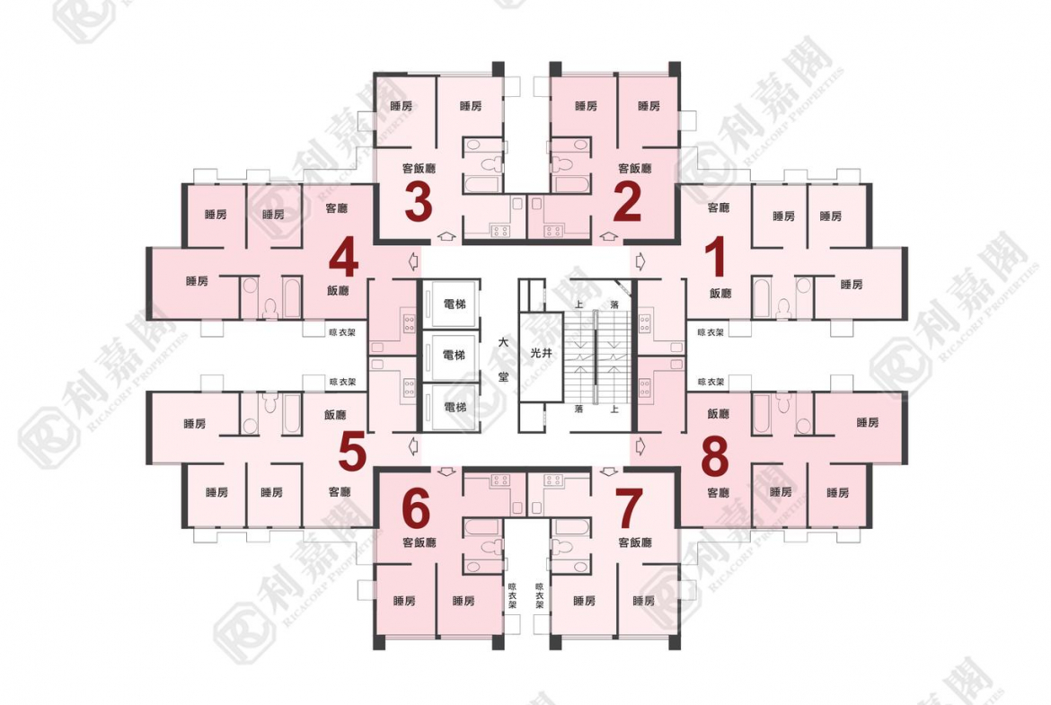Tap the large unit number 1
(714, 258)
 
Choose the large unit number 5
(352, 453)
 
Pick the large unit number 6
(418, 510)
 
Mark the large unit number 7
(628, 510)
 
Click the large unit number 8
(714, 458)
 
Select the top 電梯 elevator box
(455, 304)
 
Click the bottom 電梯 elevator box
(455, 407)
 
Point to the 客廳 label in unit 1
(718, 207)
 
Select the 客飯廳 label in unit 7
(634, 542)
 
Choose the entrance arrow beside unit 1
(640, 260)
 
